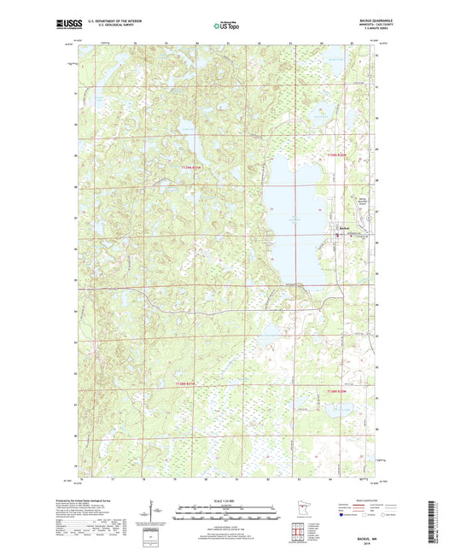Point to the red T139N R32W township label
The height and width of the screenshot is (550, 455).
194,167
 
